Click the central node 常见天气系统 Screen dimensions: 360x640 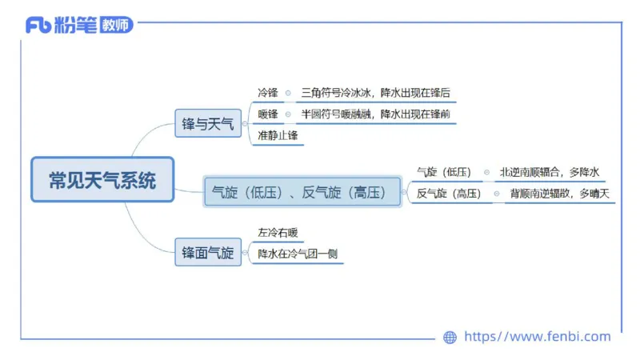(102, 180)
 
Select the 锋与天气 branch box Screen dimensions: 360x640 (208, 124)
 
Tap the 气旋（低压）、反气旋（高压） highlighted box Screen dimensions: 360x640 (302, 192)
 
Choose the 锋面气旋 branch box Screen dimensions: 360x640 (208, 254)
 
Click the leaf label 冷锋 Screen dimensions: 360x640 (268, 93)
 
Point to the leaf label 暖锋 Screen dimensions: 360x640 (268, 114)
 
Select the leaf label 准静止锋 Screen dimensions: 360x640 (276, 136)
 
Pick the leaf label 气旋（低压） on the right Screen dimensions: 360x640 (444, 172)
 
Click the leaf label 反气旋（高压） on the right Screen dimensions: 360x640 (450, 194)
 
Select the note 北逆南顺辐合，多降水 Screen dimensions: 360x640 (550, 172)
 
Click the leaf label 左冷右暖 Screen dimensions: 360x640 (278, 233)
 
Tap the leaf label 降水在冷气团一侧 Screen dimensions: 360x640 (296, 254)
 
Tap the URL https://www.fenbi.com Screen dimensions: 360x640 (537, 337)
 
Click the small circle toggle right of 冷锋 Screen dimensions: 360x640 (288, 93)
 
